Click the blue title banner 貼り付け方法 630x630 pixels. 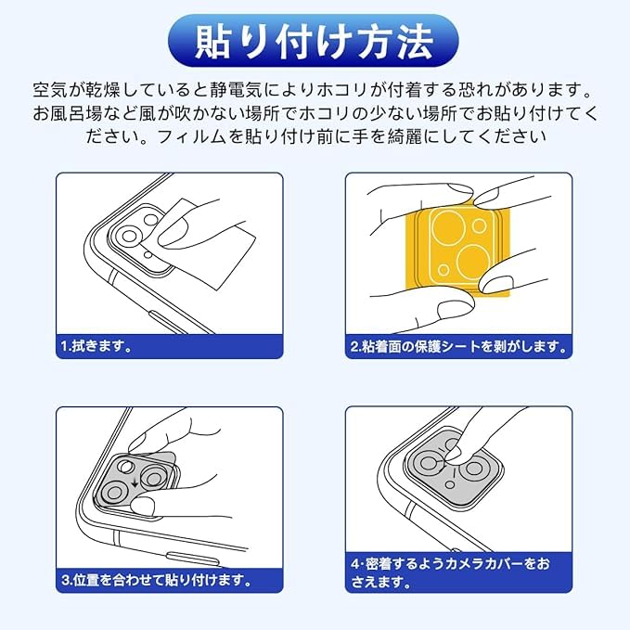click(314, 41)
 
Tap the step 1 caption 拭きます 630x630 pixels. click(96, 346)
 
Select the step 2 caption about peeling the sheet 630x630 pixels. click(458, 346)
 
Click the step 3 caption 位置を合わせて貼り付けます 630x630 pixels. click(157, 580)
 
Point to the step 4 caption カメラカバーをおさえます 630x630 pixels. click(450, 572)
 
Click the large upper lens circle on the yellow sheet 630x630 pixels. click(449, 227)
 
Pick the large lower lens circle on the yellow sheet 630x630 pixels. click(474, 261)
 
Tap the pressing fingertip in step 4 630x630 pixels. click(454, 453)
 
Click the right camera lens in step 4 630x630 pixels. click(474, 468)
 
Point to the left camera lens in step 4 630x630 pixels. click(427, 464)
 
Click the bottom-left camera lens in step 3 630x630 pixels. click(114, 493)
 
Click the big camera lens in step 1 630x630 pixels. click(129, 237)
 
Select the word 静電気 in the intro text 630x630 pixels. click(236, 90)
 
